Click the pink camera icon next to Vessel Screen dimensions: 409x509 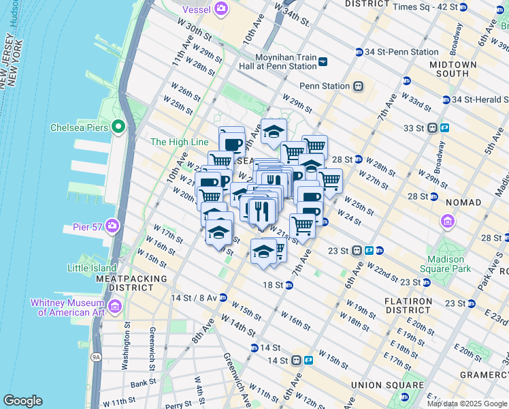coord(220,8)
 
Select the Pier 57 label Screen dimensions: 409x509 coord(87,226)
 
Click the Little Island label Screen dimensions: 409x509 coord(92,268)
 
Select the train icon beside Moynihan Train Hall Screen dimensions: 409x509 coord(323,61)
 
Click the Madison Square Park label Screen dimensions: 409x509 coord(449,264)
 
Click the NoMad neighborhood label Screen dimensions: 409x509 coord(463,202)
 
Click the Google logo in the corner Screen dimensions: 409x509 coord(22,401)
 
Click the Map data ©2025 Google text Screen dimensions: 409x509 coord(466,404)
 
